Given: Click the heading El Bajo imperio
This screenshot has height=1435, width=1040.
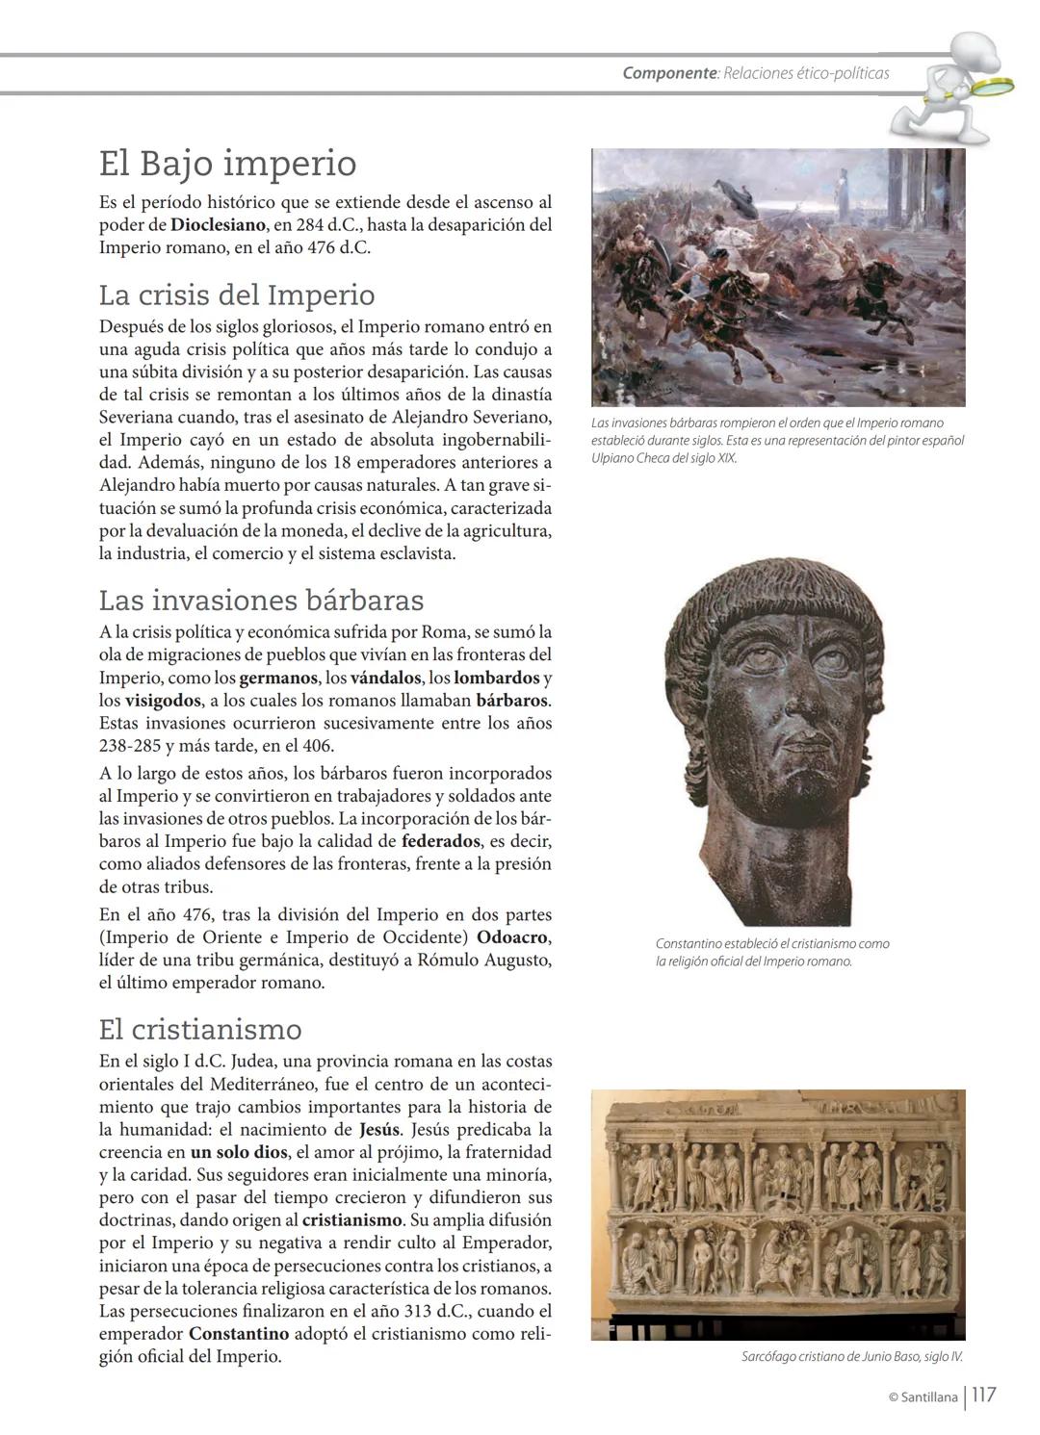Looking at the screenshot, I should [x=228, y=164].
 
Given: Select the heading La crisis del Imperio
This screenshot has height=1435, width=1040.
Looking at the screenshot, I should [x=237, y=295].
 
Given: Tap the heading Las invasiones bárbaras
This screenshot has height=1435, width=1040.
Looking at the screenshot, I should [x=261, y=601].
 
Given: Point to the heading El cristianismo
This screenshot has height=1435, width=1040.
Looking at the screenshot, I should [x=200, y=1030].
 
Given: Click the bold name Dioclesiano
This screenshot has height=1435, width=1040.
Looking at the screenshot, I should [x=218, y=225].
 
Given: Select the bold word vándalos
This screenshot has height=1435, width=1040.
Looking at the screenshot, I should [x=385, y=679].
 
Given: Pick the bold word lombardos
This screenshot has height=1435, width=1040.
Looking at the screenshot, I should [x=496, y=679].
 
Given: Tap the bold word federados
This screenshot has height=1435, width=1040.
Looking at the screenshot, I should [x=441, y=841].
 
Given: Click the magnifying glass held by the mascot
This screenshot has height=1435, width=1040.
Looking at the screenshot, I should [x=991, y=87].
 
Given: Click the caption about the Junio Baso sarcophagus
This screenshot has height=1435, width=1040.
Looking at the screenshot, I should [x=851, y=1357].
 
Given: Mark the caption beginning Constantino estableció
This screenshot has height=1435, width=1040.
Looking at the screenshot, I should [x=772, y=952].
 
